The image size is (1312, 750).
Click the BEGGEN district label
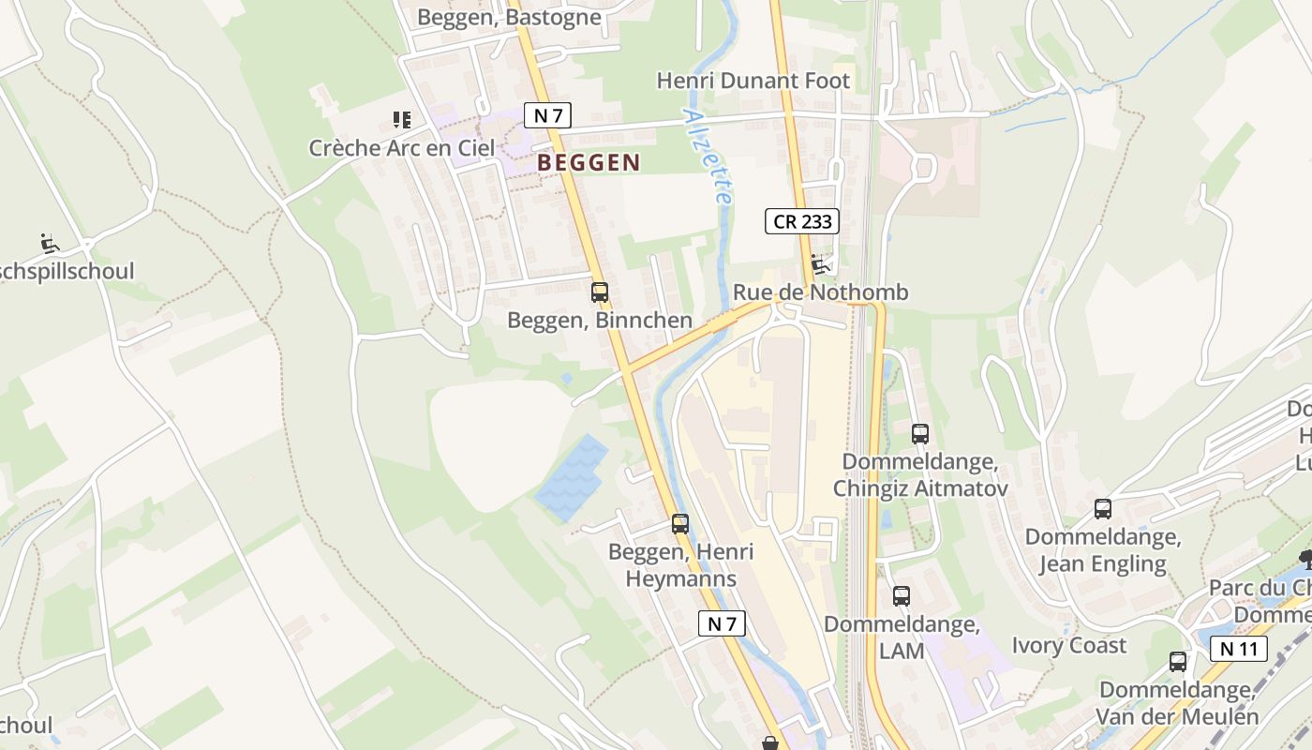point(589,162)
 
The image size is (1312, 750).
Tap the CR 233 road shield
point(801,221)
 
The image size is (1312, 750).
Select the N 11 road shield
point(1238,649)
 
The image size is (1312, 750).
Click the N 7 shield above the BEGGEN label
point(547,115)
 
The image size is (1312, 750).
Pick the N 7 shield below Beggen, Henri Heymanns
point(722,623)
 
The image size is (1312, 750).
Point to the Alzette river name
point(708,157)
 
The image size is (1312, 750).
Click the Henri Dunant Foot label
point(753,81)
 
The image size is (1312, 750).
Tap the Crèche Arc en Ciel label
point(402,148)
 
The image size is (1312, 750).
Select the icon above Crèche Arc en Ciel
point(402,120)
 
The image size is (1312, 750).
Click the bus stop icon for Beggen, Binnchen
point(600,292)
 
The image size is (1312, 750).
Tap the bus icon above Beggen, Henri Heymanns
point(680,524)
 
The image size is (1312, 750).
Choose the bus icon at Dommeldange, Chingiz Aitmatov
point(920,434)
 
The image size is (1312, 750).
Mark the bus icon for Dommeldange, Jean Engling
point(1103,509)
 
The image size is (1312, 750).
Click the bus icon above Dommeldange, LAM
point(902,596)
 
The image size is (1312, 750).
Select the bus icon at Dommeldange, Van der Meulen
point(1178,662)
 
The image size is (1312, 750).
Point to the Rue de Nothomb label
point(820,292)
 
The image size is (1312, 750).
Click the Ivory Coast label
point(1069,645)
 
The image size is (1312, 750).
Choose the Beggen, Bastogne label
point(509,17)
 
